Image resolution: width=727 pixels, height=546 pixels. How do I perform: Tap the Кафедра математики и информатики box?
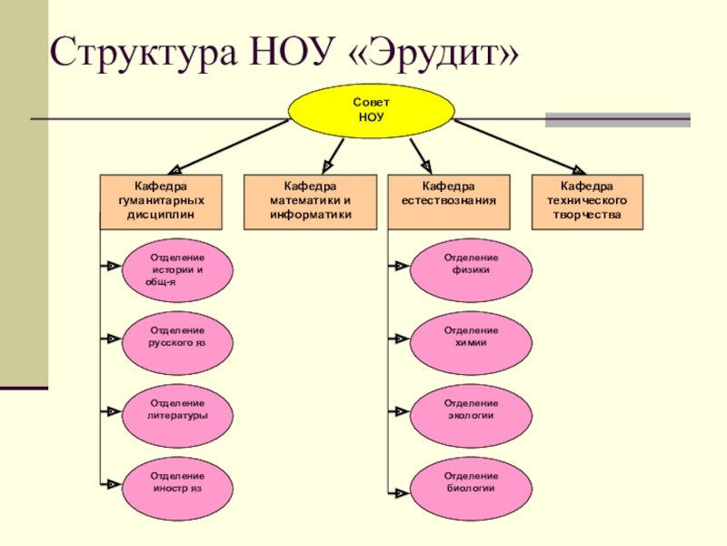(x=310, y=200)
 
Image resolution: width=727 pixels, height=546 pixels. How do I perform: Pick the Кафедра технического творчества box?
(x=588, y=200)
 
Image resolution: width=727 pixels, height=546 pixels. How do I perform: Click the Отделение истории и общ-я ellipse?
(x=177, y=270)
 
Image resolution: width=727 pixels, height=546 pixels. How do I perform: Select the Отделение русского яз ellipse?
(x=177, y=337)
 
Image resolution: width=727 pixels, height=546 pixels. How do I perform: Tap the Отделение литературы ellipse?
(x=177, y=409)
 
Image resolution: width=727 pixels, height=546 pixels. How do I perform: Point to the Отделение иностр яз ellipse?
(x=177, y=482)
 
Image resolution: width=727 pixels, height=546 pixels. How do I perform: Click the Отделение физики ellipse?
(x=471, y=265)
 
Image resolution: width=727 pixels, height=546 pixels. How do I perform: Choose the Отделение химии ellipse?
(x=471, y=337)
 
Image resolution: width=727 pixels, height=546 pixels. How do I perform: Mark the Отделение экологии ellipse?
(x=471, y=409)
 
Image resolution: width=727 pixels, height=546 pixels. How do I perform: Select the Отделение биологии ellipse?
(x=471, y=482)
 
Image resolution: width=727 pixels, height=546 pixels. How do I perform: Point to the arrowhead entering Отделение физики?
(x=400, y=266)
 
